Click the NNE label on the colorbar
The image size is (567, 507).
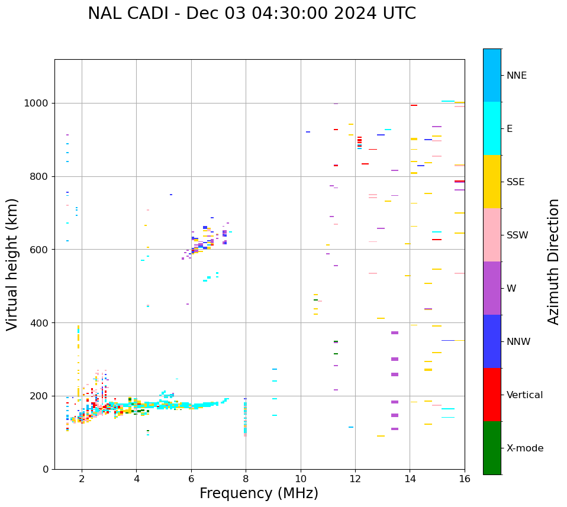(x=516, y=76)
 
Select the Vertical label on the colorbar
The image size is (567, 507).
(x=524, y=395)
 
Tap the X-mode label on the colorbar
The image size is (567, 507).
(x=524, y=448)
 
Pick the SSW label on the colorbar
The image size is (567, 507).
(x=517, y=235)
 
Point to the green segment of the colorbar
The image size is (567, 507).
(x=492, y=448)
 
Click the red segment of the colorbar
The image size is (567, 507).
(x=492, y=395)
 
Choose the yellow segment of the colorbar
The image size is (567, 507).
(x=492, y=182)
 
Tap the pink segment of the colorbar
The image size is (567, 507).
(x=492, y=235)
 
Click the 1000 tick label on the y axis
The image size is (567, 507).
(x=37, y=104)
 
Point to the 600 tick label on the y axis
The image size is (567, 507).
(x=40, y=250)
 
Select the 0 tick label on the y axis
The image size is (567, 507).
(x=46, y=469)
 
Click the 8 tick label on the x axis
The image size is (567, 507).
(x=246, y=479)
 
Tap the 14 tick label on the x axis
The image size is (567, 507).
(x=410, y=479)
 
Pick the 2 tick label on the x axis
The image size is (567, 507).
(x=82, y=479)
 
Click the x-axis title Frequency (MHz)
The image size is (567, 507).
(x=259, y=493)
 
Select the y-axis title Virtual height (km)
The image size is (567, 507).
(x=12, y=264)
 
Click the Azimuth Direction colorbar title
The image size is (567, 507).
(x=553, y=261)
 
